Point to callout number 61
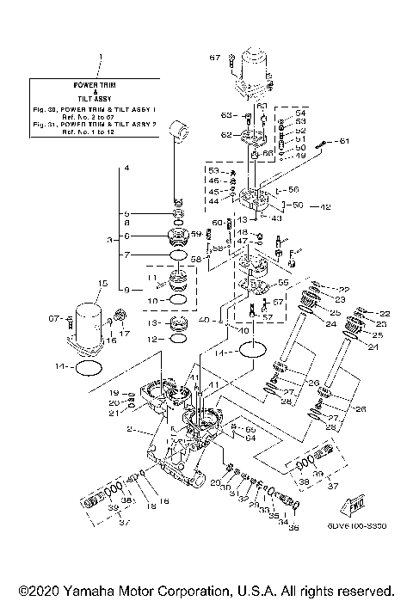pos(343,140)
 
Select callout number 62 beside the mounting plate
pos(226,135)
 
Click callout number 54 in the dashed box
pos(300,113)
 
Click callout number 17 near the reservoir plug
pos(125,334)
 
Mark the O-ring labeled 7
pos(176,255)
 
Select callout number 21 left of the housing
pos(114,413)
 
